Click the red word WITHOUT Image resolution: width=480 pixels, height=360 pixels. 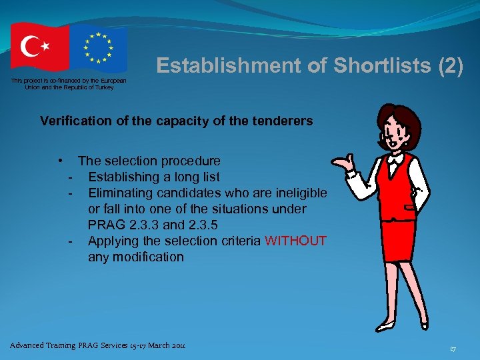295,241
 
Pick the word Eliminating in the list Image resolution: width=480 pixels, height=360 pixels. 121,193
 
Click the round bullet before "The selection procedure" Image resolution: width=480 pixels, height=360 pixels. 61,161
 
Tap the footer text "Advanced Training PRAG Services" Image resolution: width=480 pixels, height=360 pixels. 73,345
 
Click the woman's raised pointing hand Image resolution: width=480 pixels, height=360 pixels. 341,163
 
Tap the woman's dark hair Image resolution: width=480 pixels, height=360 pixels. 399,117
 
